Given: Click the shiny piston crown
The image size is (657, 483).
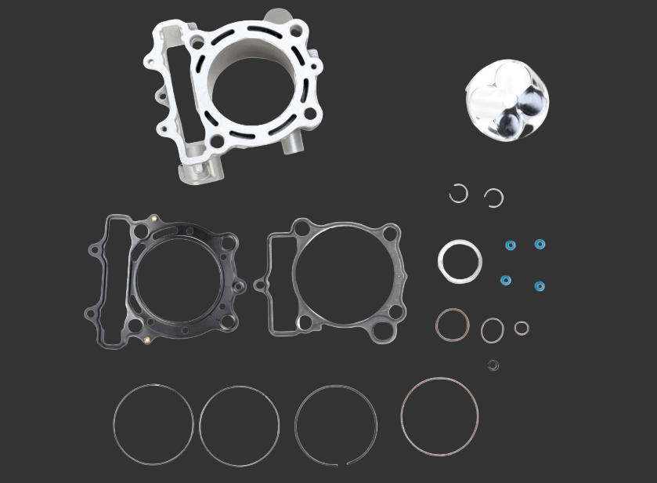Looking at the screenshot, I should [507, 101].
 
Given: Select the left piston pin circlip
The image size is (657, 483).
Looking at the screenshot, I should [458, 193].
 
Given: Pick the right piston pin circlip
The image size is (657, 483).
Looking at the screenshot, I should [493, 198].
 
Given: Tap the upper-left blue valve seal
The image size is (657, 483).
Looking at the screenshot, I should [511, 245].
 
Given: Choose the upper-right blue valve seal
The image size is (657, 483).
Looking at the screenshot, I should [540, 244].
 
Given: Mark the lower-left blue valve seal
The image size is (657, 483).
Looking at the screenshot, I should [506, 280].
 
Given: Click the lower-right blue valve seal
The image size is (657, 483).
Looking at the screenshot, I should [540, 286].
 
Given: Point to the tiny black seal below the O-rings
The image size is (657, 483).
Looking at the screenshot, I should [493, 365].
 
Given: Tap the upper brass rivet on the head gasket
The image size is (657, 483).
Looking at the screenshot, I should [155, 219].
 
